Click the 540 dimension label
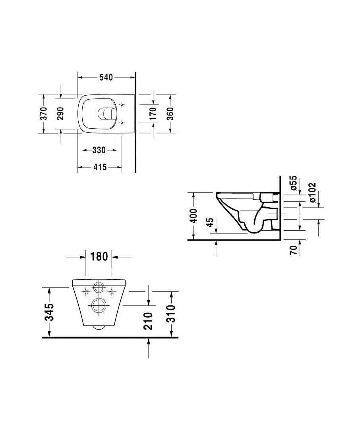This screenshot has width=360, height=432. click(x=106, y=77)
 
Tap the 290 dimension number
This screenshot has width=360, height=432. click(x=61, y=114)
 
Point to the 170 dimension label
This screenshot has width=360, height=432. click(x=153, y=114)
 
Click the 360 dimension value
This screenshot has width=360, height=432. click(x=170, y=114)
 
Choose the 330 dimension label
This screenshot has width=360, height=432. click(x=99, y=150)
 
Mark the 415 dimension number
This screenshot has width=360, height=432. click(x=100, y=168)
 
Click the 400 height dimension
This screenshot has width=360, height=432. click(x=194, y=216)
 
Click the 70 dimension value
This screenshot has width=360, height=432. click(x=294, y=250)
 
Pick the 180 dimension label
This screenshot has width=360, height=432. click(x=99, y=256)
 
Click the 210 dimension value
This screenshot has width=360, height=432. click(x=148, y=321)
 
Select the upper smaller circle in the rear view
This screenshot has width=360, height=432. click(x=99, y=289)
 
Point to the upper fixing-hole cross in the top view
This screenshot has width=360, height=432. click(x=122, y=105)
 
